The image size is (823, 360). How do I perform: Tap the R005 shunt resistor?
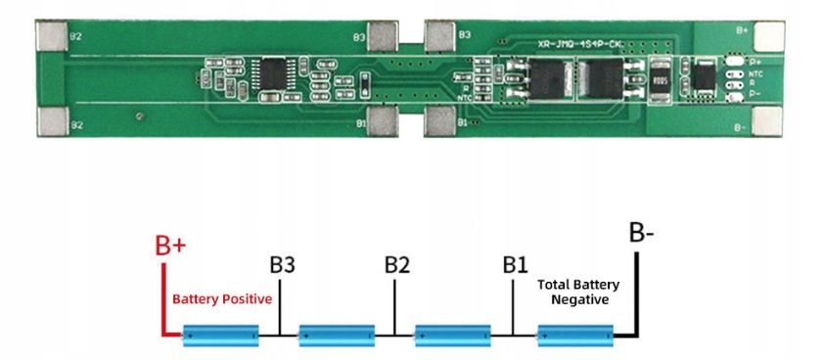point(660,81)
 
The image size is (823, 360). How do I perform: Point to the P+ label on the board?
point(754,62)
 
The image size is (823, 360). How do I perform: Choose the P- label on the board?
point(754,93)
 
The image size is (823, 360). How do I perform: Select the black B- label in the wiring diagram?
point(642,235)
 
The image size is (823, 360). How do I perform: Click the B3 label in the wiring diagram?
point(282,265)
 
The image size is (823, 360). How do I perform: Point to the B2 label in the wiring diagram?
point(396,265)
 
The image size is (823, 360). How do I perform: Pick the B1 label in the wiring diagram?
point(515,265)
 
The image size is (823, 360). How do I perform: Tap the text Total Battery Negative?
point(577,292)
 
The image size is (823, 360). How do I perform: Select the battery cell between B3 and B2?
point(338,336)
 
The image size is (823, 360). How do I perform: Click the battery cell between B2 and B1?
point(455,336)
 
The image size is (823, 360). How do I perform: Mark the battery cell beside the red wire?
point(223,336)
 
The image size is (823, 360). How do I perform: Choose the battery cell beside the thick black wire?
point(576,336)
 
